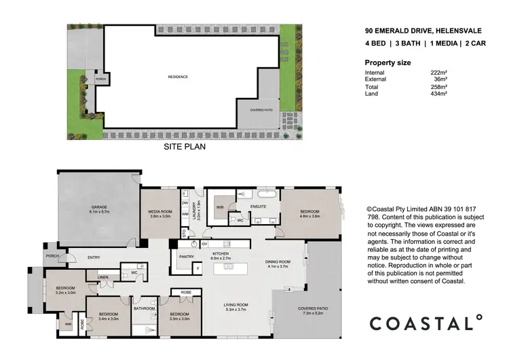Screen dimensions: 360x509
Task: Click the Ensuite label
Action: [257, 206]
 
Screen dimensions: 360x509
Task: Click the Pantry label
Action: [187, 257]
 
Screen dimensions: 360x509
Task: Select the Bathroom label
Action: [145, 308]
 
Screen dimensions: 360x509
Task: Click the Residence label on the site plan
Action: [178, 77]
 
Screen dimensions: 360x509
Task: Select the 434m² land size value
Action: [438, 93]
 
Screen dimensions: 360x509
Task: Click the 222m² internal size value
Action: [438, 73]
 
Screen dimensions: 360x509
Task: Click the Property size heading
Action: [388, 62]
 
